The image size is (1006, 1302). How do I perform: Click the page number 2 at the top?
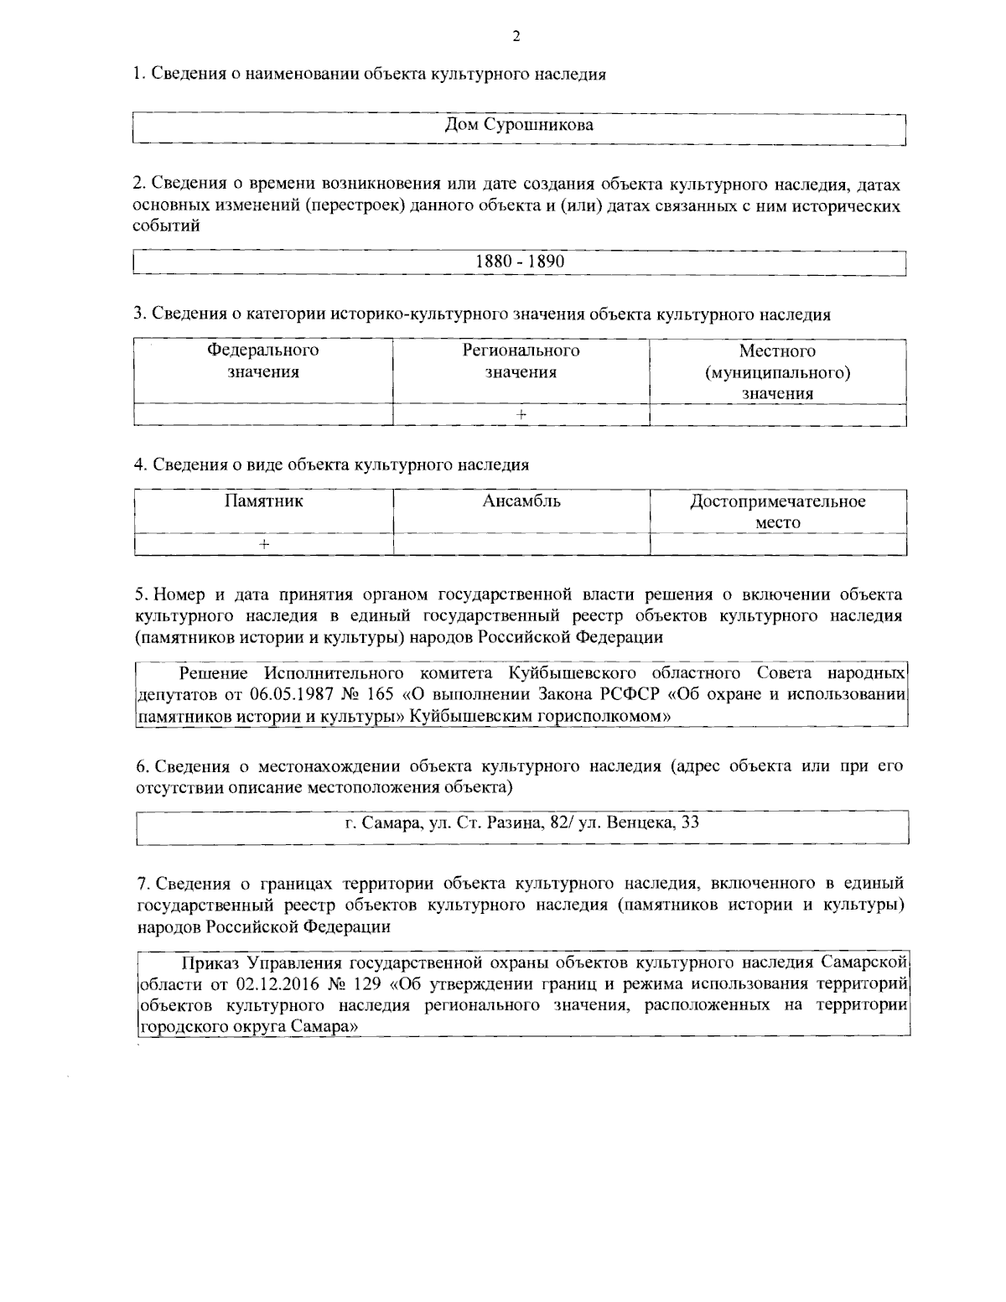pos(516,36)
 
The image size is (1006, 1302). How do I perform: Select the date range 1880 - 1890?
pos(520,262)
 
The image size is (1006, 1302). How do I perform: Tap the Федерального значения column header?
pos(263,361)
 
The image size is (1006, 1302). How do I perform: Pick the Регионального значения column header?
pos(521,361)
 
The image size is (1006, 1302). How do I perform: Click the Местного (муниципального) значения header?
pos(777,372)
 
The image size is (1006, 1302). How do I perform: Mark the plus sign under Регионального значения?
pos(521,415)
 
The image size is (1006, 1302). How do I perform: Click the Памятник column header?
pos(263,501)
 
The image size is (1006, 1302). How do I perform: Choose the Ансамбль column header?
pos(521,501)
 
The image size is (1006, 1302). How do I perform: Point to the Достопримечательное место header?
pos(777,511)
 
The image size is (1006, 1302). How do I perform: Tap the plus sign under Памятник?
pos(263,544)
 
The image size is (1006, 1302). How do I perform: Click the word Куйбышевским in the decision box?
pos(471,716)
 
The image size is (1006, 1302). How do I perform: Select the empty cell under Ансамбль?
pos(521,544)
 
